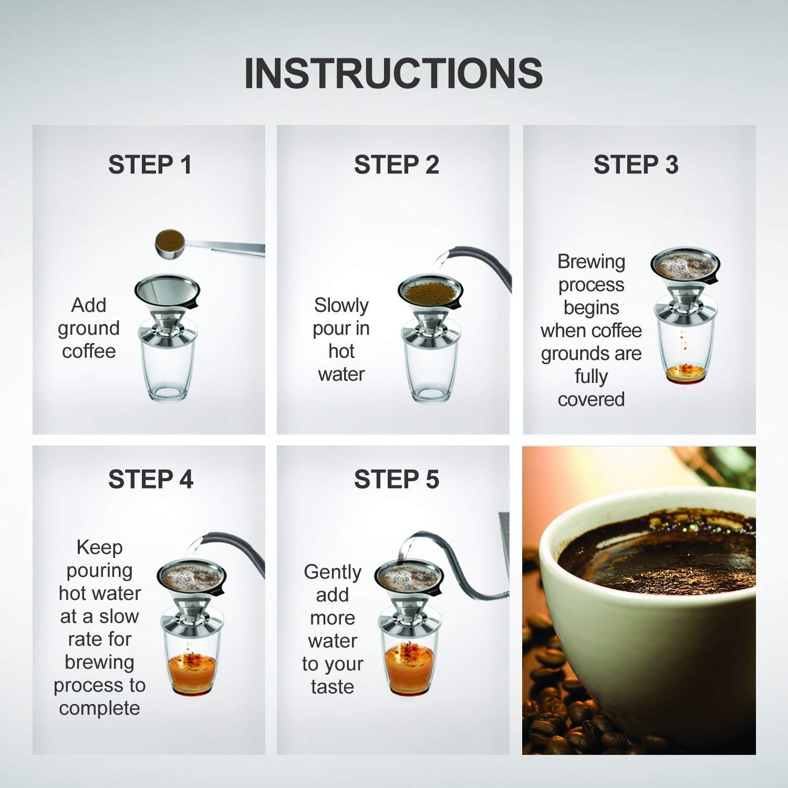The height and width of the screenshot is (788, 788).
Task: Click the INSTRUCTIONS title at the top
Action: tap(393, 74)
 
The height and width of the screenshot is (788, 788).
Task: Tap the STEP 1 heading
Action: tap(150, 165)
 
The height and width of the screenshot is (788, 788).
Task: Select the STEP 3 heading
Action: tap(636, 165)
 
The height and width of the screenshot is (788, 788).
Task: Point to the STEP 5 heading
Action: tap(396, 480)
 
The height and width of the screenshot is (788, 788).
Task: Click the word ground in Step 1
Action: tap(89, 328)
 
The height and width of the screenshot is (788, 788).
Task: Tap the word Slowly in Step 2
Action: tap(341, 305)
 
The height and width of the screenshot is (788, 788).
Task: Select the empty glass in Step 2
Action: tap(430, 373)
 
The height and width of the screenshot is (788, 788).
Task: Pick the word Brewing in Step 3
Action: tap(591, 261)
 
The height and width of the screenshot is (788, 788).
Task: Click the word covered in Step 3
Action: tap(591, 399)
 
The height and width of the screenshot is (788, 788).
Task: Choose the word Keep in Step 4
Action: tap(99, 547)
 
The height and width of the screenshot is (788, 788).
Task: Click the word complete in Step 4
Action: tap(99, 708)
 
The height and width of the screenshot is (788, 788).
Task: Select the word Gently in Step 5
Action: tap(333, 572)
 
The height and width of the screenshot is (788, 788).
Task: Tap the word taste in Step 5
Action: tap(333, 687)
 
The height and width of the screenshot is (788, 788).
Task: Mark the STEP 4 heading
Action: tap(150, 480)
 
